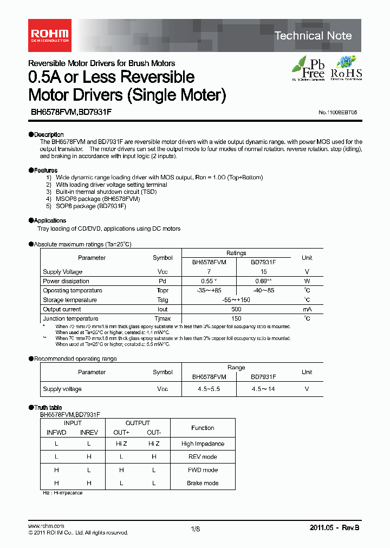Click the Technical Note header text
pos(313,36)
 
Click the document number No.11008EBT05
pos(337,112)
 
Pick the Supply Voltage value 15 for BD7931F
pos(263,272)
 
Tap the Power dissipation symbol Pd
pos(162,281)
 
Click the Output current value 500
pos(236,309)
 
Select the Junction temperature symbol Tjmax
pos(162,318)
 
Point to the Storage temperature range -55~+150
pos(236,300)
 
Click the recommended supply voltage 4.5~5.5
pos(209,389)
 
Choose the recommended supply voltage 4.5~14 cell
pos(263,389)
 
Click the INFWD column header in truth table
pos(56,433)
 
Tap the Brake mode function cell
pos(203,483)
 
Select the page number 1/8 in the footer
pos(195,530)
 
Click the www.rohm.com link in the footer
pos(46,526)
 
